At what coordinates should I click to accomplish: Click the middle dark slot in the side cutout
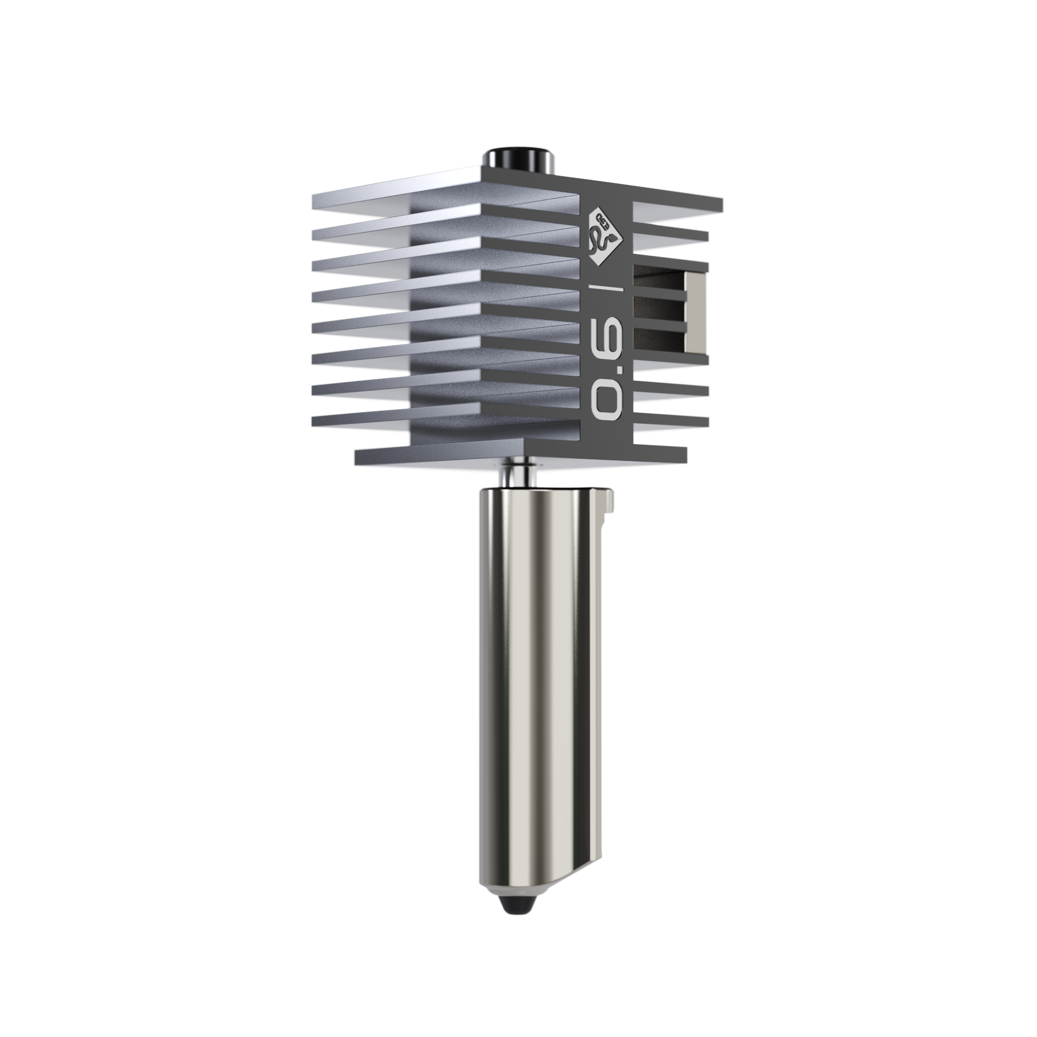659,309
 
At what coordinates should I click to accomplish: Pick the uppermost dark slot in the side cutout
659,282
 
